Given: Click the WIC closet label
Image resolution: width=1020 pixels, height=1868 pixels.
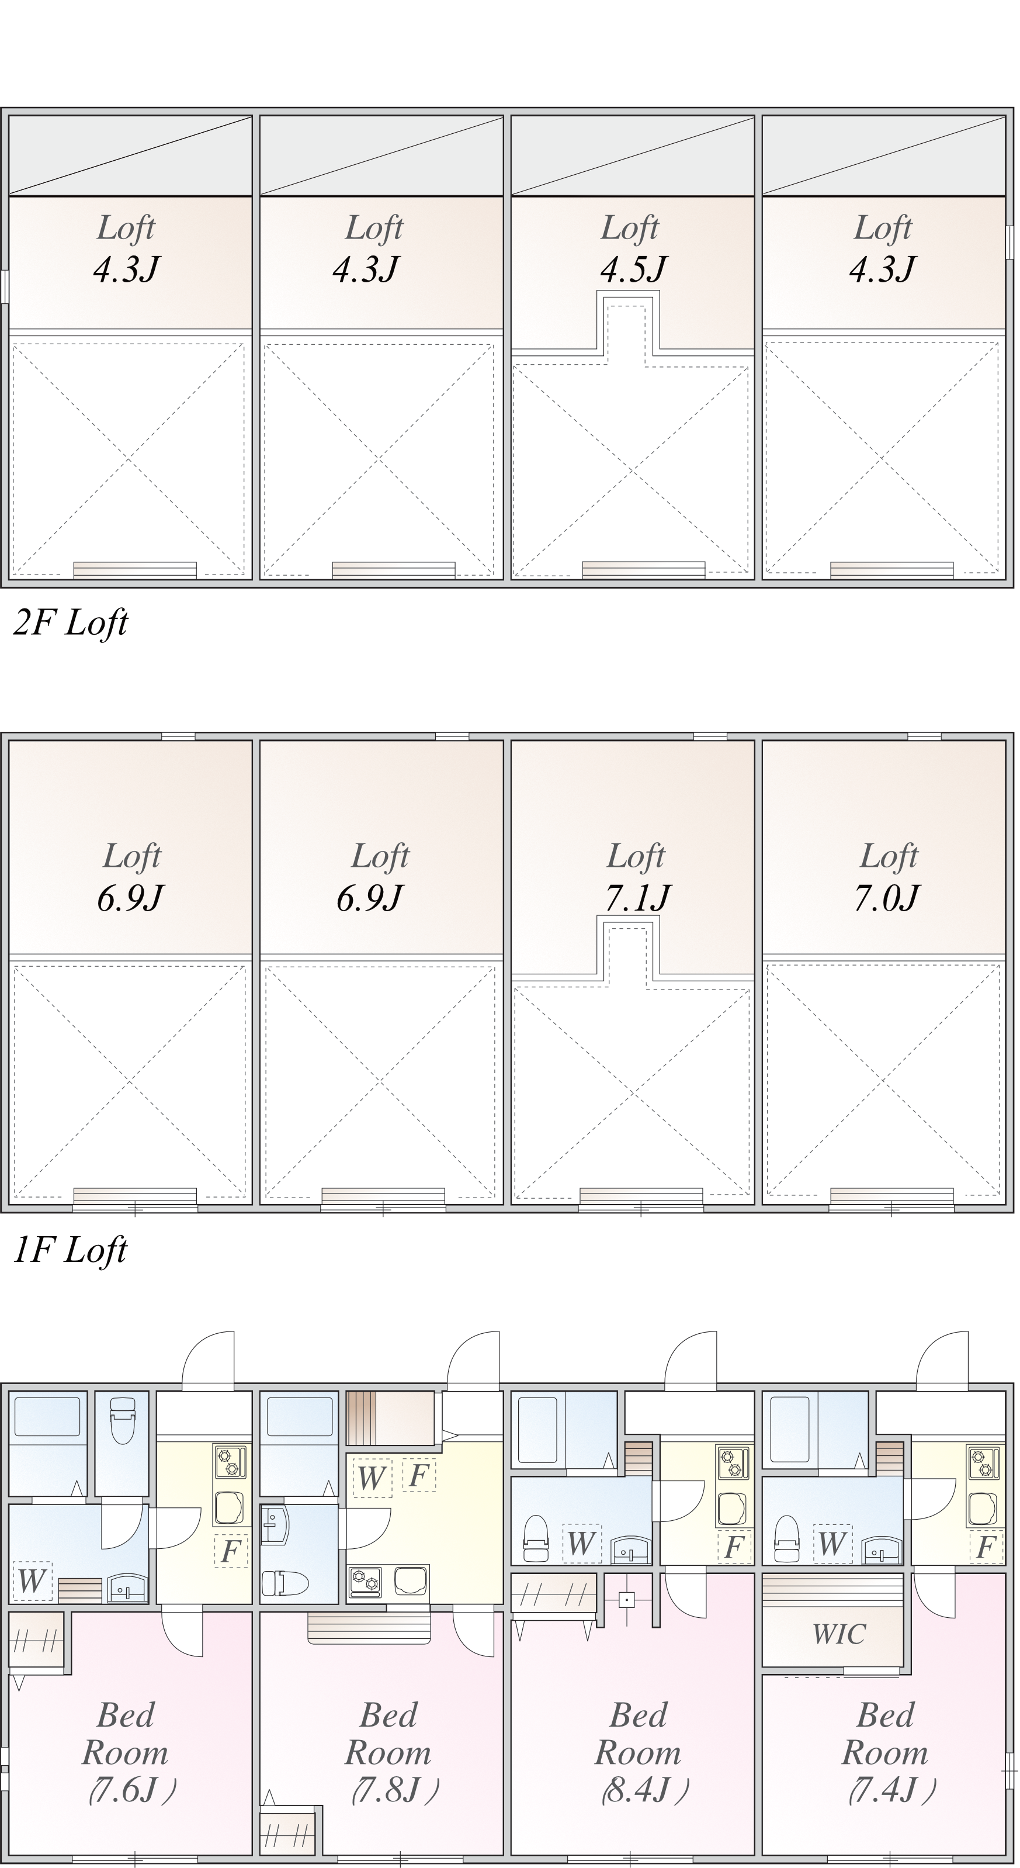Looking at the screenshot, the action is [x=839, y=1634].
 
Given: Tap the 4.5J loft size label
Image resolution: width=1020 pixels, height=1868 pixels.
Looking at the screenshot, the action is [x=633, y=269].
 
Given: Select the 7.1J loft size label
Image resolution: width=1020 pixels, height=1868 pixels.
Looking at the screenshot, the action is [x=638, y=898].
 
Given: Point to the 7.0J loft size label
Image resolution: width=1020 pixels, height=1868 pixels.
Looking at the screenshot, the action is [x=886, y=898].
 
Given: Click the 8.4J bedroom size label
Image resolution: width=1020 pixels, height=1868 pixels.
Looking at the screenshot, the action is [x=644, y=1790].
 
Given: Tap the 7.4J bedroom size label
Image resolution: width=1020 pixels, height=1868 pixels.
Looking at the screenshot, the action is [x=891, y=1790].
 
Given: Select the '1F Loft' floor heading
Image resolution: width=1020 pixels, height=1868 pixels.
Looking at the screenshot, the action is [x=70, y=1251].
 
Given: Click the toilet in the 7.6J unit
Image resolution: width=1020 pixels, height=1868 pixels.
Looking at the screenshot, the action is [x=121, y=1422].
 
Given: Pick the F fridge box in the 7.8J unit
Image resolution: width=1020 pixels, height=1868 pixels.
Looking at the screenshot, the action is [x=419, y=1476].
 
